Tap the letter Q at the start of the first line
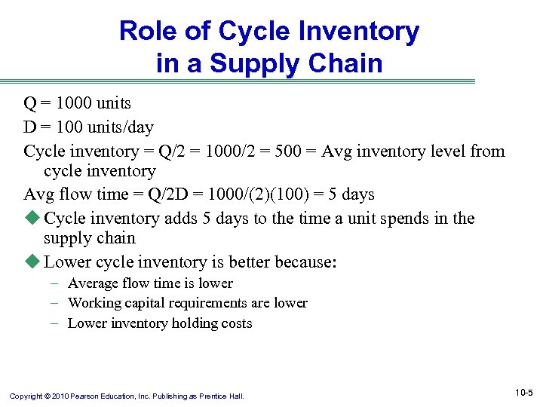point(29,103)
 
